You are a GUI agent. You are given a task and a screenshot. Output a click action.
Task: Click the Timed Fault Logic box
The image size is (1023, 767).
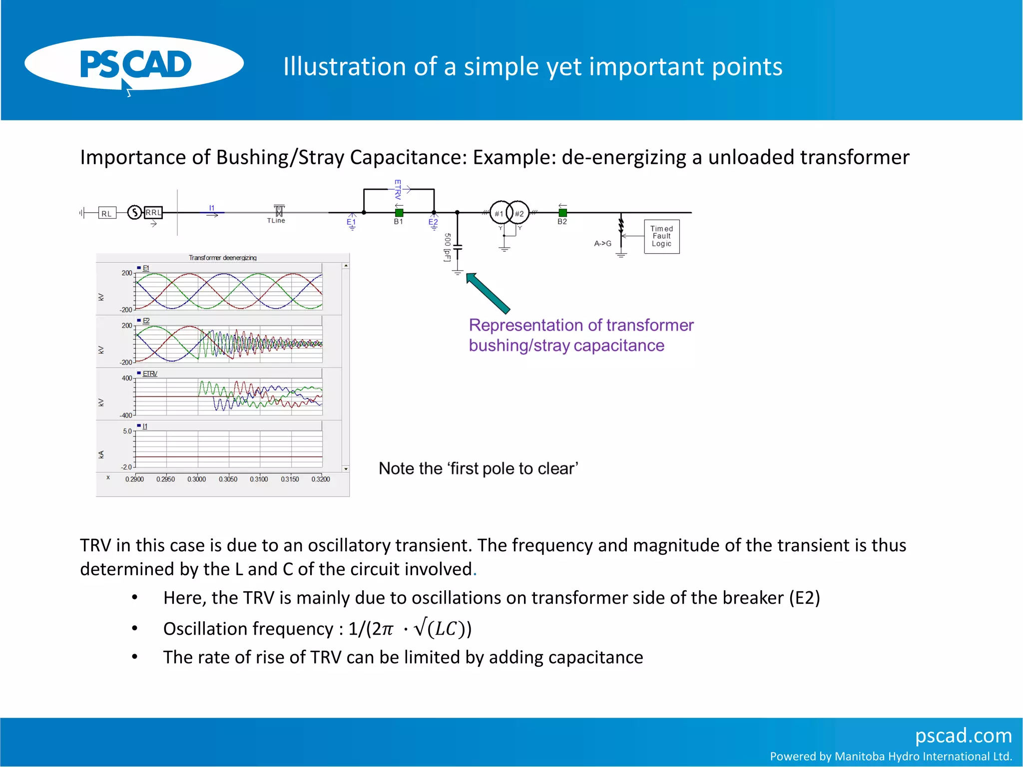661,237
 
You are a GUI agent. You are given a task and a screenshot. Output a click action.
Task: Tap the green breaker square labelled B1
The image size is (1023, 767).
399,213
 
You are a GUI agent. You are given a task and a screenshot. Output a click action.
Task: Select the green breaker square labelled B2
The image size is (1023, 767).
562,213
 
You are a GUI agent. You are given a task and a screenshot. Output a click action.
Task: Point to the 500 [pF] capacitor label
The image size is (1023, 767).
448,247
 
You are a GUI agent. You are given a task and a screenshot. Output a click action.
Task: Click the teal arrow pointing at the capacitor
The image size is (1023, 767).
487,293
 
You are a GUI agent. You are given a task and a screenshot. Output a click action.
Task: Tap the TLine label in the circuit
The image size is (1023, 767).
276,221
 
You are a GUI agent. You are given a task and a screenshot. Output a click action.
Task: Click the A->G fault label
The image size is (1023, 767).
602,244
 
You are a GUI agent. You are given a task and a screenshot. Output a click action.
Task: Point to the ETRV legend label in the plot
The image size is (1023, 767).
150,374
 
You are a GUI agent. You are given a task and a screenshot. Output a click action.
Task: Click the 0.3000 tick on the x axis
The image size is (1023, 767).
197,479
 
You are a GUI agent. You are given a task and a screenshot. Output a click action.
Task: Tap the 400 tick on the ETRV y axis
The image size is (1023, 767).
127,379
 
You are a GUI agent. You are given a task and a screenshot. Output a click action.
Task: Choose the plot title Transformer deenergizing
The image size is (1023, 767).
222,258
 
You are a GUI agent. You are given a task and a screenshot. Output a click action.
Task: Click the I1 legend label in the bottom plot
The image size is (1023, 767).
145,426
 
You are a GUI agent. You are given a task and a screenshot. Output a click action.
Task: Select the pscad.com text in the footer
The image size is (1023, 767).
963,736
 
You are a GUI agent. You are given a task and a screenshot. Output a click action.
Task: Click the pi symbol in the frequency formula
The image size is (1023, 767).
387,629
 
